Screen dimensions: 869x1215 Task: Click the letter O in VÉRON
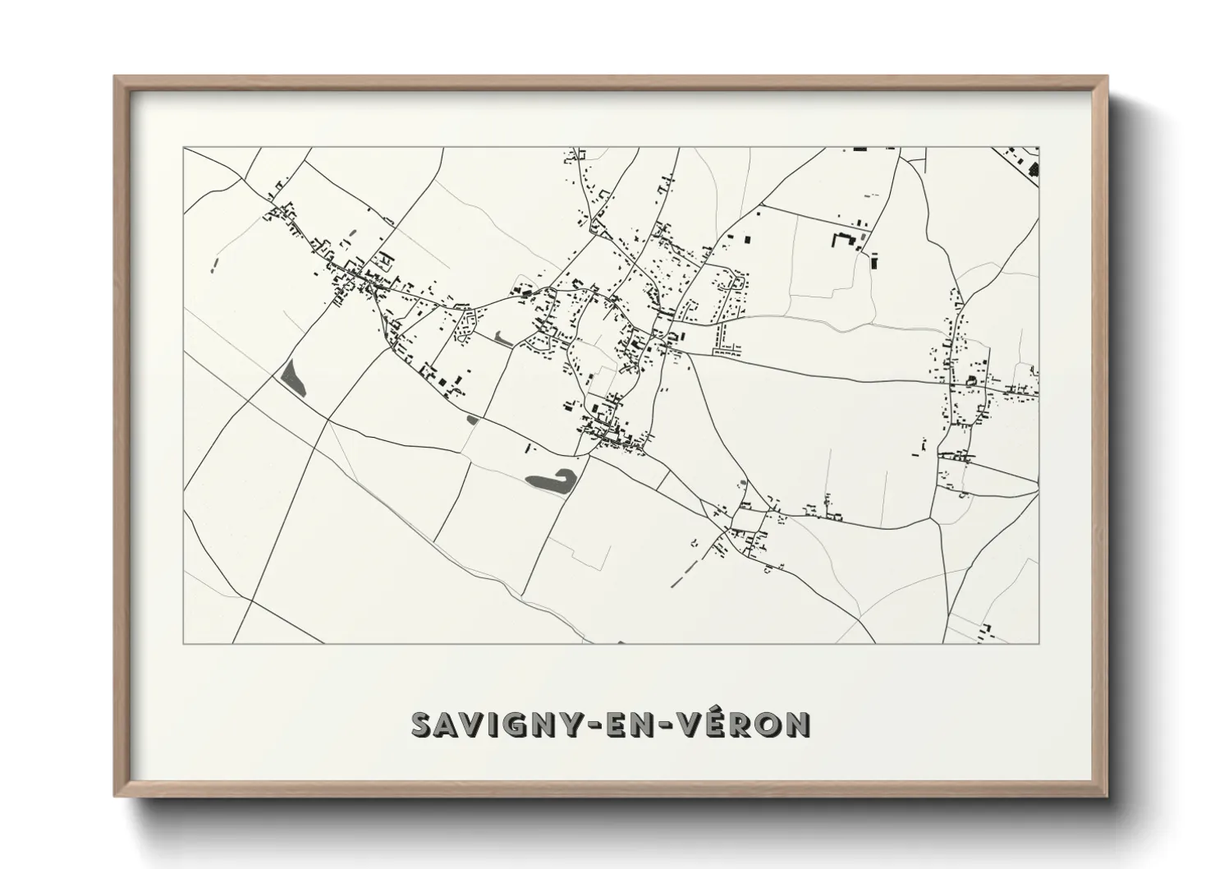763,724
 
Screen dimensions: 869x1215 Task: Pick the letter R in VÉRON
729,724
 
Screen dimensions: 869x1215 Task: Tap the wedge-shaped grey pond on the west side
293,379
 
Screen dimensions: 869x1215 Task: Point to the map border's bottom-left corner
184,643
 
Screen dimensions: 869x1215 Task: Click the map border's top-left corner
184,148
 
